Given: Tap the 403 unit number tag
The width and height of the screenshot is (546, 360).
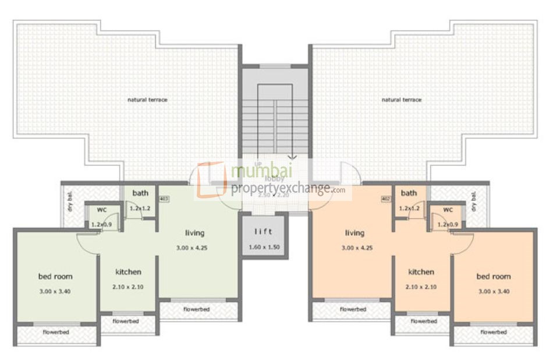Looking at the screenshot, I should click(x=164, y=199).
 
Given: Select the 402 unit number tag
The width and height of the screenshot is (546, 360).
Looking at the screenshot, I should click(x=385, y=199).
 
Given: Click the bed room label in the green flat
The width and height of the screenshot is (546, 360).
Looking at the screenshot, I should click(x=55, y=277).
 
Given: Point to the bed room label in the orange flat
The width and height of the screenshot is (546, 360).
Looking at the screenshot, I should click(x=493, y=277).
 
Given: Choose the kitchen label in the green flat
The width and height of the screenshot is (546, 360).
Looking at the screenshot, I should click(x=128, y=272).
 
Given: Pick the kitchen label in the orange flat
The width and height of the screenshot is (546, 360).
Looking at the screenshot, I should click(x=421, y=272).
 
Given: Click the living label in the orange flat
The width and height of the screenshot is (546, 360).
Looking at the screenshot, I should click(x=354, y=233).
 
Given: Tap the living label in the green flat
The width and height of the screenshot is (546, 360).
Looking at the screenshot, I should click(x=194, y=233).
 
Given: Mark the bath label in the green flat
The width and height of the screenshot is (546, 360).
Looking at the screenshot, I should click(x=140, y=193).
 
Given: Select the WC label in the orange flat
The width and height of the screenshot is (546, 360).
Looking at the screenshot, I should click(x=448, y=210).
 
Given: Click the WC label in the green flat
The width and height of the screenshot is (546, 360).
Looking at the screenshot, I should click(x=101, y=210).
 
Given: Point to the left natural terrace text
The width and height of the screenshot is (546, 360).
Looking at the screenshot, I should click(x=147, y=100).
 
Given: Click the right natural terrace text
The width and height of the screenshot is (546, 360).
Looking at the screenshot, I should click(x=401, y=100).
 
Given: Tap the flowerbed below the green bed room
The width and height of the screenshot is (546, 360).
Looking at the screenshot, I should click(x=56, y=332).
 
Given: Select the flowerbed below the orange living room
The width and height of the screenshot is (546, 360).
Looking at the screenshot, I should click(x=353, y=309).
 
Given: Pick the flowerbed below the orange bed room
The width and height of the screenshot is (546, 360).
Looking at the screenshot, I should click(x=494, y=332).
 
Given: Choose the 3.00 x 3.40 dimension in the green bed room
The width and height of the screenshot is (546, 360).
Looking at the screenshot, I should click(x=55, y=291).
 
